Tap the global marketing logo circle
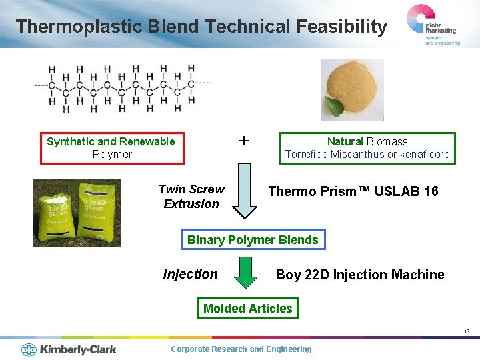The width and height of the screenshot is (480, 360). coord(419,19)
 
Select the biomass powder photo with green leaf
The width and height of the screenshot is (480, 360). coord(352,89)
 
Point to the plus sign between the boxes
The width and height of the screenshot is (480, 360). coord(244,141)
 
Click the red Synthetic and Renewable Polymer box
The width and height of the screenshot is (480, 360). coord(111,148)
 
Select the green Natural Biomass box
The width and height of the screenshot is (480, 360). coord(367,148)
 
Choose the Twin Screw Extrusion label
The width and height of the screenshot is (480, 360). coord(191,197)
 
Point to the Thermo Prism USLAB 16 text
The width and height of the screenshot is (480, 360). coord(353,191)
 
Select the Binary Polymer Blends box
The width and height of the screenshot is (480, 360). coord(253,240)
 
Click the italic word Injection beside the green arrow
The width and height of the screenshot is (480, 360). coord(190,274)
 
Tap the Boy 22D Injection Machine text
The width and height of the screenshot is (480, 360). coord(360,275)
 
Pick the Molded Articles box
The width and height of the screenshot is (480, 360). coord(247,308)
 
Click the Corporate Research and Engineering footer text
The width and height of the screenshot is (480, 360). coord(241,349)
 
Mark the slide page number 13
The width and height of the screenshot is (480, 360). coord(467,331)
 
